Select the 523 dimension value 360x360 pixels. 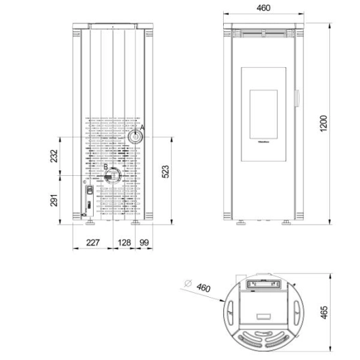click(x=165, y=172)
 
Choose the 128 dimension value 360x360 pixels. click(x=124, y=242)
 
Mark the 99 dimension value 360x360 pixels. click(x=144, y=242)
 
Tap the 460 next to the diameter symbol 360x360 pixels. click(x=203, y=287)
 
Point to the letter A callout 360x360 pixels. click(x=142, y=128)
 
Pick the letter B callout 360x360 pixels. click(x=105, y=167)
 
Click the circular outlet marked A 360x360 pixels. click(x=134, y=137)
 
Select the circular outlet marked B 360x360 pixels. click(x=112, y=176)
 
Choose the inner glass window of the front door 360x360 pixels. click(x=261, y=110)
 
